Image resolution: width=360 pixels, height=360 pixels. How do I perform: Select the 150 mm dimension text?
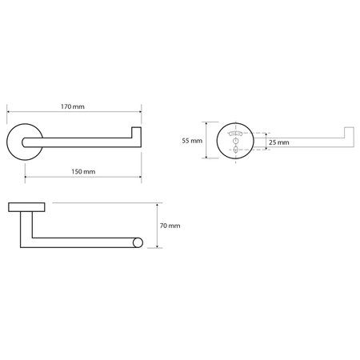[83, 172]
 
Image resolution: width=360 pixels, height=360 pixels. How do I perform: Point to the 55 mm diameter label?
[192, 140]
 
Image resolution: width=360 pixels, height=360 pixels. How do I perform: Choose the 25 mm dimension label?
[278, 142]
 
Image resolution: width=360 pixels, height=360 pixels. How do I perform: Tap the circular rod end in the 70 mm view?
[138, 242]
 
